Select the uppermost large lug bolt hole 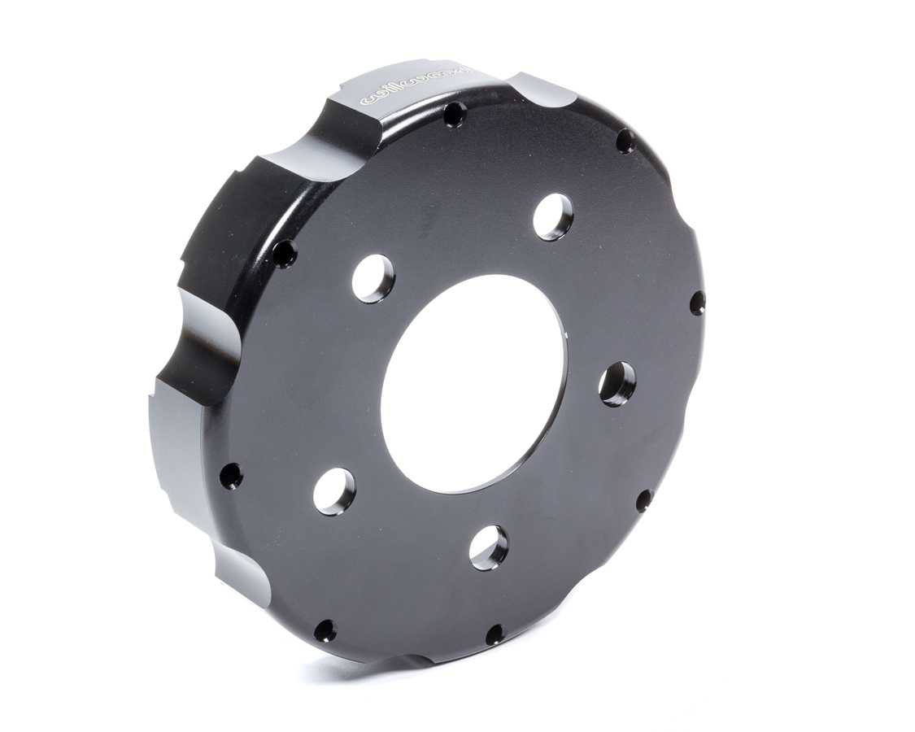(x=553, y=217)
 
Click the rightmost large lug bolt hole (x=617, y=384)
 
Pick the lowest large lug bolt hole (x=488, y=547)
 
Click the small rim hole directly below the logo (x=455, y=115)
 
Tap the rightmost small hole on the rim (x=697, y=303)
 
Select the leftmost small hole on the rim (x=231, y=475)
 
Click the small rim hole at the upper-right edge (x=625, y=142)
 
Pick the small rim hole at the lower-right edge (x=643, y=499)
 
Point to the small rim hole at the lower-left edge (x=325, y=630)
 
